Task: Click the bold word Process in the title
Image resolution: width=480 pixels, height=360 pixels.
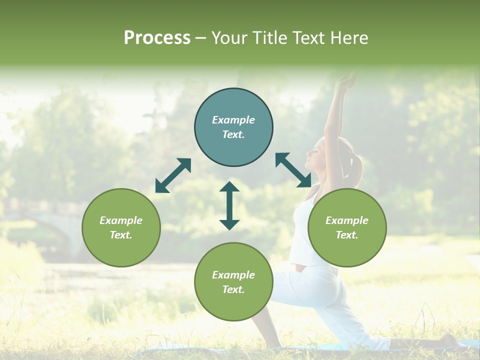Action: [x=157, y=38]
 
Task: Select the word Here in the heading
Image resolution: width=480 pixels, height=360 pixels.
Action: [x=350, y=38]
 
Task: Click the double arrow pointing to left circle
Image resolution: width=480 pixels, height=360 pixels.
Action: [x=172, y=175]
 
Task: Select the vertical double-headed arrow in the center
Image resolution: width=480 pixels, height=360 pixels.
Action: [x=229, y=205]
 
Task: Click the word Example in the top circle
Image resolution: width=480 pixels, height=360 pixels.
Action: [x=233, y=120]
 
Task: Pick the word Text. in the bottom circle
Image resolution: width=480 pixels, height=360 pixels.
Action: [x=233, y=289]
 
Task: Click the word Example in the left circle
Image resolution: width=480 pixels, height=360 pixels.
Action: [x=121, y=220]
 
